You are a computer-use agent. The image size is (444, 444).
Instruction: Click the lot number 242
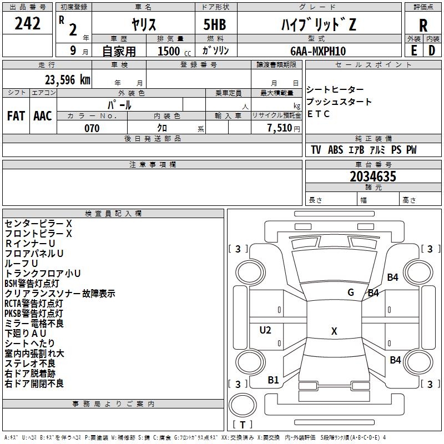coord(28,24)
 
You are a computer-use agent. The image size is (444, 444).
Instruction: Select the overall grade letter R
coord(423,25)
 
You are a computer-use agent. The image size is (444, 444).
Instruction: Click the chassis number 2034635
coord(373,177)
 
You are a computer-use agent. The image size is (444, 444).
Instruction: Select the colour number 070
coord(92,128)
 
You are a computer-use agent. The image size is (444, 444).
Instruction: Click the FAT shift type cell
coord(16,116)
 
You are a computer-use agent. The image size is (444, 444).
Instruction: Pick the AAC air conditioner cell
coord(43,116)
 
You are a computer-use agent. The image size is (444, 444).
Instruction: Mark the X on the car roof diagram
coord(334,331)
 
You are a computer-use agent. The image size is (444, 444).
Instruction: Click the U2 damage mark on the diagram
coord(265,330)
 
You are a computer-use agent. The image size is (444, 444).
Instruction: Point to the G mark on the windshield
coord(351,292)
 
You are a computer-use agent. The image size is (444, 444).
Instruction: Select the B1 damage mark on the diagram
coord(273,380)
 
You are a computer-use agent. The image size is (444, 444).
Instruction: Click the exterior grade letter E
coord(413,51)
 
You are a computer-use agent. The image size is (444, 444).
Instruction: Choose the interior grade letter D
coord(432,51)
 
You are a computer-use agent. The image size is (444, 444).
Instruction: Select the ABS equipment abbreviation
coord(335,150)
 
